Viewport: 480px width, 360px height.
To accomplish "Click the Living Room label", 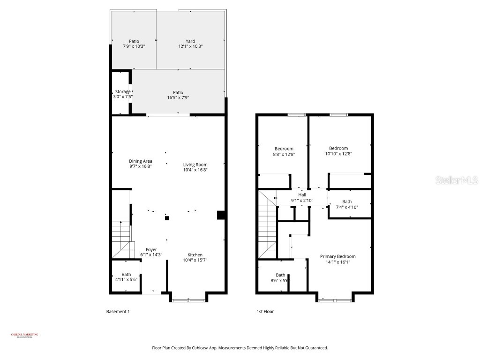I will coord(195,165).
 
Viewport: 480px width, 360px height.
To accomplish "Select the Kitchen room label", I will coord(195,255).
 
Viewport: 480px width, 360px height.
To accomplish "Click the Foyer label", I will coord(151,249).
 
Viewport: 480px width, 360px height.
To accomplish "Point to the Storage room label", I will coord(123,91).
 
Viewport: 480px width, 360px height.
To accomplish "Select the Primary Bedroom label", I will coord(337,256).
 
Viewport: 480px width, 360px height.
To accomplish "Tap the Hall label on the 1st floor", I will coord(302,195).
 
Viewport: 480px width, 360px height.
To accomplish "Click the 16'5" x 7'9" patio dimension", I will coord(178,97).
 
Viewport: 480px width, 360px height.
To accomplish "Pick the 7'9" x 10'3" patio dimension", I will coord(134,46).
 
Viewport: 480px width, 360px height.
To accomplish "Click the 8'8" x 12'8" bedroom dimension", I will coord(284,154).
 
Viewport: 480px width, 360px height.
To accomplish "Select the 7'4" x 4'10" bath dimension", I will coord(346,207).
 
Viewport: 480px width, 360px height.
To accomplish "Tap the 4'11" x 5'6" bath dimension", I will coord(126,279).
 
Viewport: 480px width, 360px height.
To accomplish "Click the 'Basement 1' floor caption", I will coord(118,311).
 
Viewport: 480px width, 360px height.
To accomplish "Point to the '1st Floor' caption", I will coord(265,311).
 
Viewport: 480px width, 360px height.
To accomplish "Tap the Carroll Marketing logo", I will coord(25,335).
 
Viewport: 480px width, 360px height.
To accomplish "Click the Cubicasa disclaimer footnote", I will coord(240,348).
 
